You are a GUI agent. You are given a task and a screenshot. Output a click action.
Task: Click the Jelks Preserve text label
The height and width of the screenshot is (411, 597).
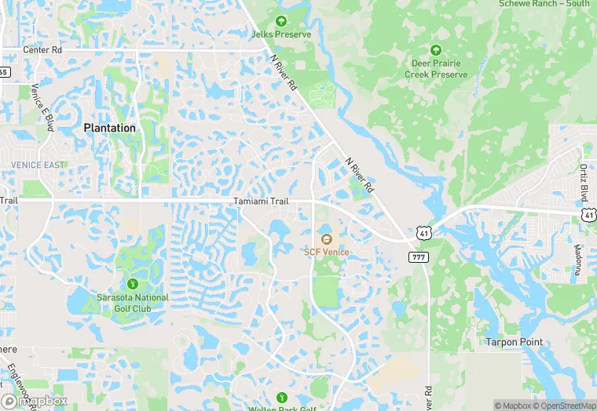[x=281, y=35]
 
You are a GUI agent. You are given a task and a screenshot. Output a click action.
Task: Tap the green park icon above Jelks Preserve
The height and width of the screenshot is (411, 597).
[x=281, y=20]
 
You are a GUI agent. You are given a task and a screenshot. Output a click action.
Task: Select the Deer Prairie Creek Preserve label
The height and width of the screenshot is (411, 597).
[x=436, y=69]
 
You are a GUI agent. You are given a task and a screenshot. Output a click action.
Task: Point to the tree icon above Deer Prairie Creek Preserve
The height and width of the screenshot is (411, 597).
[x=436, y=49]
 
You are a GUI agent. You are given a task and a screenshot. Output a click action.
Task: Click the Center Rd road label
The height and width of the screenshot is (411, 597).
[x=42, y=50]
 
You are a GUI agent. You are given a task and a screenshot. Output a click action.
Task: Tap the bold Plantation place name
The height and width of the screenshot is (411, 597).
[x=110, y=128]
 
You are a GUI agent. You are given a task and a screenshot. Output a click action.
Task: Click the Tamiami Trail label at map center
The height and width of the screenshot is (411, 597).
[x=262, y=202]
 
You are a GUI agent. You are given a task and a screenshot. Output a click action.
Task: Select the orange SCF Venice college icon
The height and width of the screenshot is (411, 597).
[x=327, y=238]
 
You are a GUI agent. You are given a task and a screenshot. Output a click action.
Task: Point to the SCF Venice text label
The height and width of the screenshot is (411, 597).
[x=327, y=252]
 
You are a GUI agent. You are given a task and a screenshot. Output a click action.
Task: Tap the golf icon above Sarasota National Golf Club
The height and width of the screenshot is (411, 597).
[x=132, y=283]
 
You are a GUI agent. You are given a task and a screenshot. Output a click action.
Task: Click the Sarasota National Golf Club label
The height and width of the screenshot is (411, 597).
[x=132, y=303]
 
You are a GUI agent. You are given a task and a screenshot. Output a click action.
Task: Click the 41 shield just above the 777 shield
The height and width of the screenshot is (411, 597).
[x=423, y=233]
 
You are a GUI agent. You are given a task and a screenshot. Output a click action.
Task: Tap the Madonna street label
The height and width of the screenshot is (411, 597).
[x=578, y=260]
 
